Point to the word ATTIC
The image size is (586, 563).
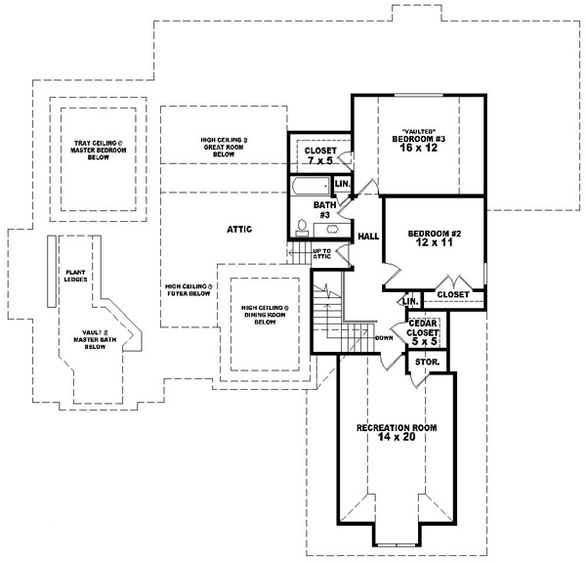click(240, 229)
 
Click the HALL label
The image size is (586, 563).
click(368, 236)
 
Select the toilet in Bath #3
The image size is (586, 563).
click(302, 227)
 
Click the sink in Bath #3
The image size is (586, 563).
click(333, 227)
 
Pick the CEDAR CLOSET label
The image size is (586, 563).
click(422, 326)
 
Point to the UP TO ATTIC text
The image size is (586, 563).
click(322, 253)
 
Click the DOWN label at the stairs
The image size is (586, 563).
click(384, 338)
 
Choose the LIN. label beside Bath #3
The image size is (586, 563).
click(342, 183)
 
